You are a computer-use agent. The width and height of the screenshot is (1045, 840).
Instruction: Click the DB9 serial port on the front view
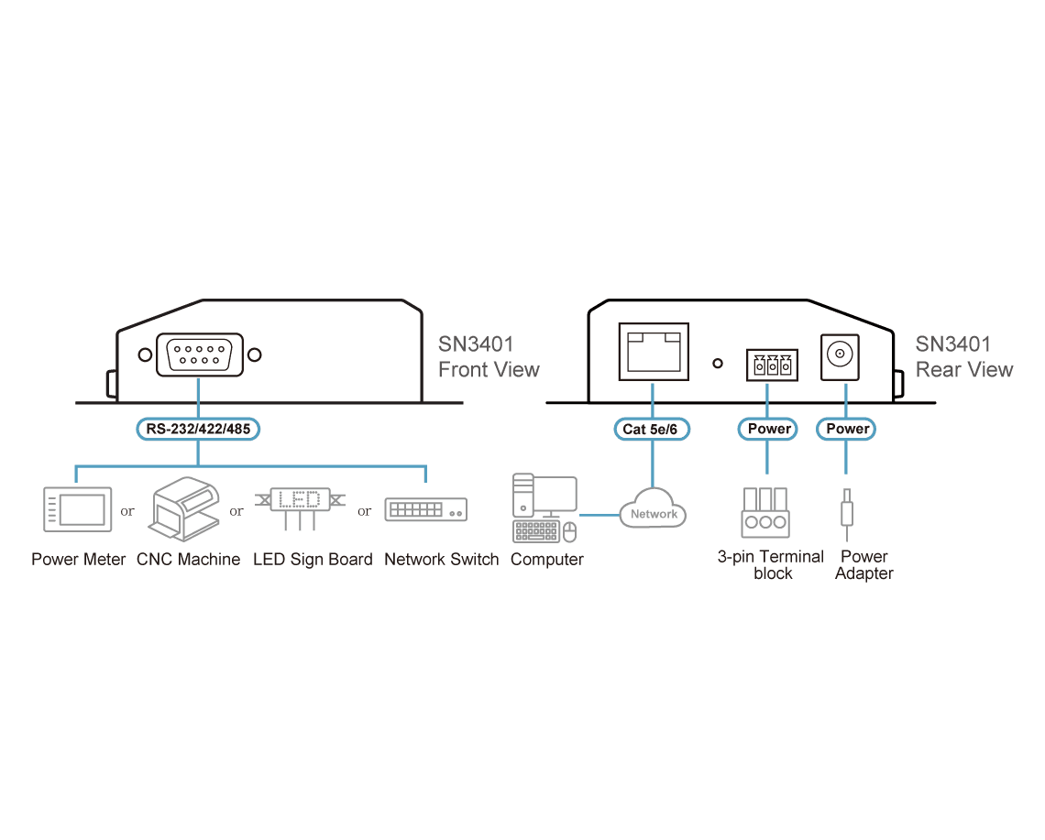[199, 355]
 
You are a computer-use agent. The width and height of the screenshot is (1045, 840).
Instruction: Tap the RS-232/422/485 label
[198, 429]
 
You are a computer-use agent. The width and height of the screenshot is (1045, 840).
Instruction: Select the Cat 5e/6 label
[651, 429]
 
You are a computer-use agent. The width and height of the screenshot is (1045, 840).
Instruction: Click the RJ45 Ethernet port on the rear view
[653, 352]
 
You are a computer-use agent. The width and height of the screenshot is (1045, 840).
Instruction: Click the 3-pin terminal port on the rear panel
[772, 365]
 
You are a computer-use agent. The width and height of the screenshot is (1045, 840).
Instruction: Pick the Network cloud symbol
[653, 509]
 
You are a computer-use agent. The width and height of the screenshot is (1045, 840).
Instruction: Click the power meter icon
[77, 509]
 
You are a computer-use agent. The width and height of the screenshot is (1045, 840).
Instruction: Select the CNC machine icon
[184, 509]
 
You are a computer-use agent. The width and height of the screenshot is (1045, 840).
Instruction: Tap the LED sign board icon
[300, 506]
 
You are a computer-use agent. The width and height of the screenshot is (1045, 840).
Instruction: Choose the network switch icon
[426, 509]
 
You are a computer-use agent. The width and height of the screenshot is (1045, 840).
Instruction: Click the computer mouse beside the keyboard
[569, 531]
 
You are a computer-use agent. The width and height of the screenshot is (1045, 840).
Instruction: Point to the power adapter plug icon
[846, 515]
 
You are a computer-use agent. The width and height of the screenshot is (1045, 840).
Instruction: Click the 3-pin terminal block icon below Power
[765, 513]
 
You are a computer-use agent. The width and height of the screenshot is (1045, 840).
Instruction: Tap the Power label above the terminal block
[768, 429]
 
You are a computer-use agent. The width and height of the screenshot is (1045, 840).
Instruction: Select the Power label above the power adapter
[846, 429]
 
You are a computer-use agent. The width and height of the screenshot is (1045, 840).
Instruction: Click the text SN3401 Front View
[489, 357]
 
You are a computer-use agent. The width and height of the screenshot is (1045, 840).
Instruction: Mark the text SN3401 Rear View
[963, 357]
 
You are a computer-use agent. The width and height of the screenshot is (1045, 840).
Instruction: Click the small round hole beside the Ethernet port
[718, 364]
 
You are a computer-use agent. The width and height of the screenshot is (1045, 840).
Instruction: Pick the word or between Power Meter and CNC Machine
[127, 511]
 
